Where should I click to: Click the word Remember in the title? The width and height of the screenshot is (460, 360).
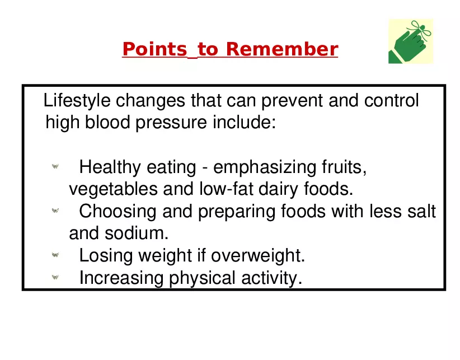click(282, 49)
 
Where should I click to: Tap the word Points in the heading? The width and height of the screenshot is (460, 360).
click(154, 49)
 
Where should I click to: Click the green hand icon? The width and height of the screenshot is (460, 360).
click(410, 41)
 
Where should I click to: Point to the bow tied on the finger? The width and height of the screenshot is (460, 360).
click(421, 29)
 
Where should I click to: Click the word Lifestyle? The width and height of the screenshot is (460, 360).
click(77, 101)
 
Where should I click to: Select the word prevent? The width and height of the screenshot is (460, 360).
click(292, 101)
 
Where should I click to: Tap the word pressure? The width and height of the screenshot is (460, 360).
click(171, 123)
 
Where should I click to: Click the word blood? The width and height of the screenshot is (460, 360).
click(107, 122)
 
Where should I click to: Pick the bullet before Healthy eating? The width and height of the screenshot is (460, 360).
click(55, 166)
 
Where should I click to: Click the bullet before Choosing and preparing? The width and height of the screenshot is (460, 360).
click(55, 211)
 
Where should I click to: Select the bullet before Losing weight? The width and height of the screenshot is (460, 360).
click(55, 255)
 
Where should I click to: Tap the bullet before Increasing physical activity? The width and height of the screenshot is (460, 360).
click(55, 277)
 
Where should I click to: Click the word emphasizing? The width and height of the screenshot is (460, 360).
click(264, 167)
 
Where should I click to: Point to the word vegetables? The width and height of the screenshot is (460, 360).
click(113, 189)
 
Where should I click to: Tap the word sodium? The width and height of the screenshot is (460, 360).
click(137, 233)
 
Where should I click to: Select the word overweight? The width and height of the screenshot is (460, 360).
click(258, 256)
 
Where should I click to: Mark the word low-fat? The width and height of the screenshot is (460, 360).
click(226, 189)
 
